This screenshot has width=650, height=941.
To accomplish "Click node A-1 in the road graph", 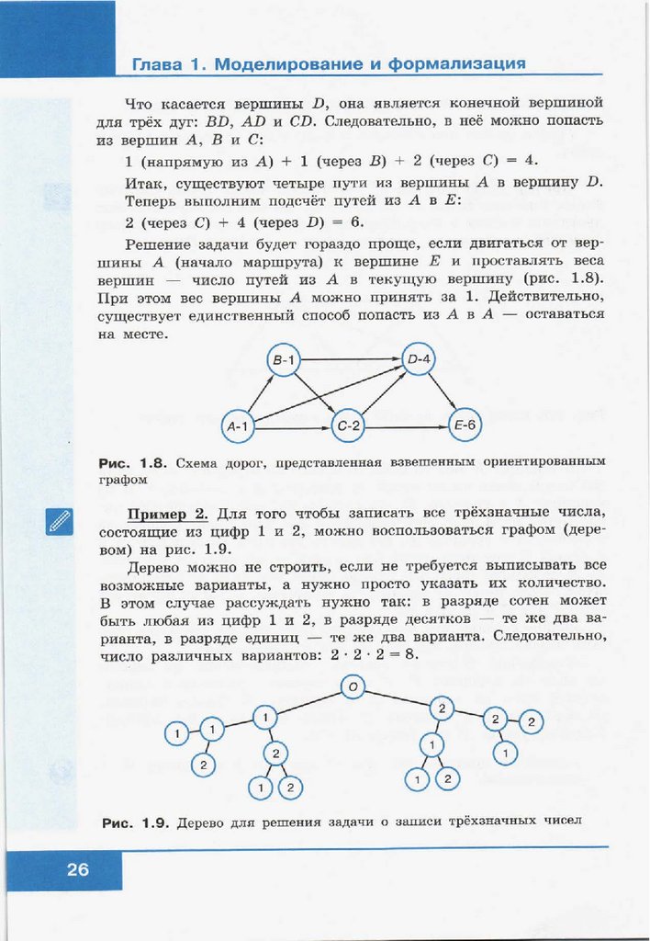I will (239, 425).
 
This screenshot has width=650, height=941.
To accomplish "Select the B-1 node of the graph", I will (285, 360).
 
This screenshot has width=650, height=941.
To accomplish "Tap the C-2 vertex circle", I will (350, 425).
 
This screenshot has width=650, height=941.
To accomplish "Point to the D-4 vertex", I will (420, 358).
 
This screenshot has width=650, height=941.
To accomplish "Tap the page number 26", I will (78, 868).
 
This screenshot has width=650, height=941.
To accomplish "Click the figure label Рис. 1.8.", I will (133, 463).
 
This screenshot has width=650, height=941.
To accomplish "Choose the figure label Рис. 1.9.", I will (133, 822).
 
